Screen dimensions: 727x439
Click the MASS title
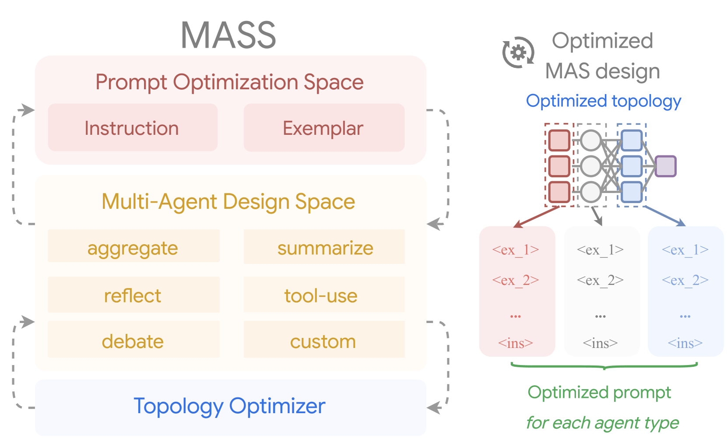tap(228, 35)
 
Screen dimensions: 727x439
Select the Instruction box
tap(133, 127)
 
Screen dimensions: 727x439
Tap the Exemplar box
tap(324, 127)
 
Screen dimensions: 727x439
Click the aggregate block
tap(134, 246)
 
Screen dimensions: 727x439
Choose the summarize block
tap(324, 246)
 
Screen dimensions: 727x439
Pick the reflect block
tap(134, 295)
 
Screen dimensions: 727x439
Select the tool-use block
tap(324, 295)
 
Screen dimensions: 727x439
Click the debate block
tap(134, 339)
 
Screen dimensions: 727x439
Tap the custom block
tap(324, 339)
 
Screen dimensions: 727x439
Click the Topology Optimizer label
tap(229, 406)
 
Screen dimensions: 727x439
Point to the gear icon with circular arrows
tap(518, 52)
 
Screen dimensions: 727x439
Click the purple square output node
tap(665, 166)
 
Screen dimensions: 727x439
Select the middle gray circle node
tap(591, 166)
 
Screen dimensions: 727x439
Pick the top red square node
tap(559, 140)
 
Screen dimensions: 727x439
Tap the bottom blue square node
tap(632, 192)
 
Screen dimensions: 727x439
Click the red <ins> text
tap(516, 343)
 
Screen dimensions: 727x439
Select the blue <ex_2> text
tap(685, 280)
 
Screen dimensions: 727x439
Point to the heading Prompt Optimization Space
tap(229, 82)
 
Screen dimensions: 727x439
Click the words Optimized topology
tap(603, 101)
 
